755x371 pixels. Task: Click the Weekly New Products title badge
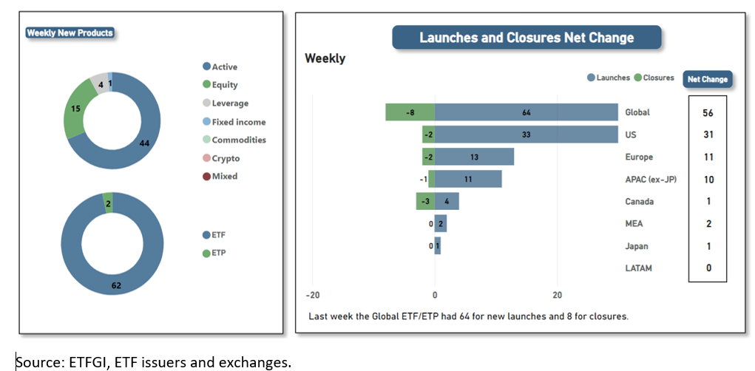pos(70,33)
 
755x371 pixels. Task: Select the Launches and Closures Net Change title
pos(526,38)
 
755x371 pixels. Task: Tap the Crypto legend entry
pos(225,158)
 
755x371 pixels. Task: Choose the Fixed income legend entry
pos(238,122)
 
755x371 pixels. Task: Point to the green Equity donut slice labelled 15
pos(75,109)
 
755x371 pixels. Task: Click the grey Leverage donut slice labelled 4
pos(99,83)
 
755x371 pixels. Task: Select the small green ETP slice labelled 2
pos(109,202)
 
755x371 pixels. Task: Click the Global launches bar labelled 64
pos(526,112)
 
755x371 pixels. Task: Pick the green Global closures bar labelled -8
pos(410,112)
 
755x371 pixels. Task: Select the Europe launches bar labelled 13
pos(474,157)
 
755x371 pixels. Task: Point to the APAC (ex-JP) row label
pos(650,180)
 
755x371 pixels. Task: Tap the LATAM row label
pos(638,268)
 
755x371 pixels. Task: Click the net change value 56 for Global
pos(708,112)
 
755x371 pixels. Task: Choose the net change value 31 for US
pos(708,135)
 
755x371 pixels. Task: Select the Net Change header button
pos(707,79)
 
